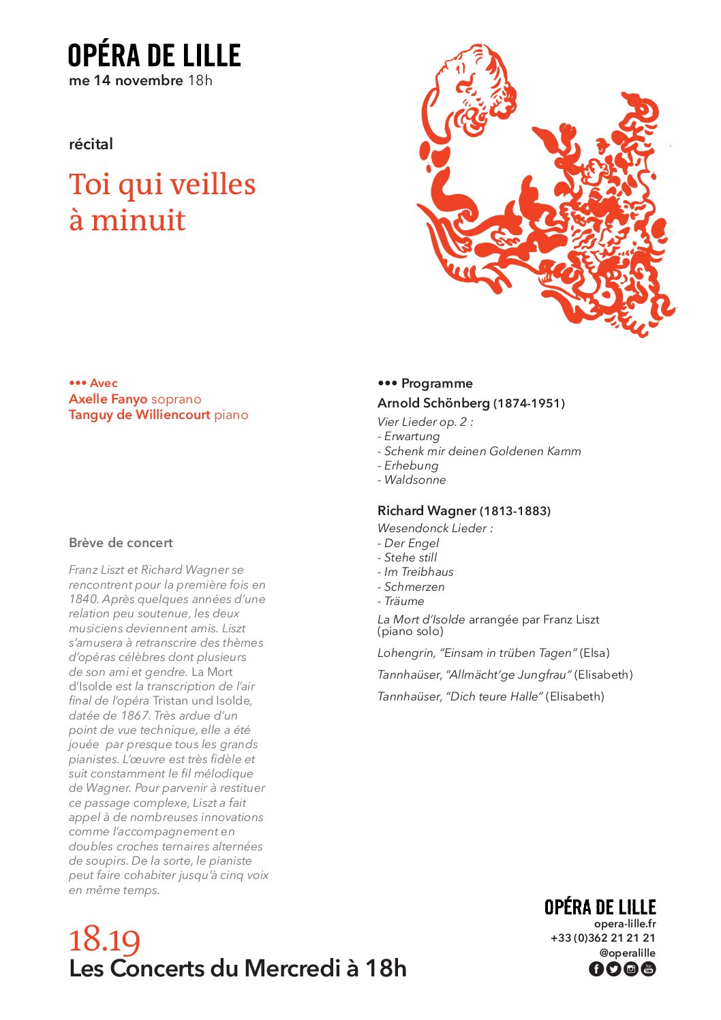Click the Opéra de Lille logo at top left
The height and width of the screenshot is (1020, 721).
(x=154, y=56)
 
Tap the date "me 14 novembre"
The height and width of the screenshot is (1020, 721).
(x=125, y=80)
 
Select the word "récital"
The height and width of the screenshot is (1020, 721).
(x=91, y=144)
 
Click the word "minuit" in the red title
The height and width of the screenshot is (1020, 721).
(x=138, y=220)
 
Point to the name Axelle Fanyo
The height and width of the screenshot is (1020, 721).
(x=108, y=399)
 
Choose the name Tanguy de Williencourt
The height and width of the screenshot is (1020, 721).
(x=139, y=415)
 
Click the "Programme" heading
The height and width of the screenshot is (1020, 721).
(x=437, y=384)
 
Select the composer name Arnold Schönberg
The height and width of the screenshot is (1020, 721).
(x=433, y=403)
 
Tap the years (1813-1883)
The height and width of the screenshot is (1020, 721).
(x=515, y=511)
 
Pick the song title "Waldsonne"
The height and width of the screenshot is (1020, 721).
(x=415, y=480)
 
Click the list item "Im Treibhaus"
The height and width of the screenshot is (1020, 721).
(x=418, y=572)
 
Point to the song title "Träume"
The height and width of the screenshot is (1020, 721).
(x=404, y=602)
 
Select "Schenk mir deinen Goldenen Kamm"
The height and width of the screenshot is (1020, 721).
(x=482, y=451)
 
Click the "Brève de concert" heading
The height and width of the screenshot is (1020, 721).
(x=121, y=543)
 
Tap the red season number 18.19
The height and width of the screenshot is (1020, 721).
(x=104, y=940)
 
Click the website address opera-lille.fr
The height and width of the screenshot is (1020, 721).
(x=625, y=924)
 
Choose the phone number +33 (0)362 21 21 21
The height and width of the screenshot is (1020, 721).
(x=603, y=938)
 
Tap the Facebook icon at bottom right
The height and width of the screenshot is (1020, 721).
(x=596, y=969)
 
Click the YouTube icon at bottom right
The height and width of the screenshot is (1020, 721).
(x=648, y=969)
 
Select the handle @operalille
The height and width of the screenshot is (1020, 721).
(x=627, y=953)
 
